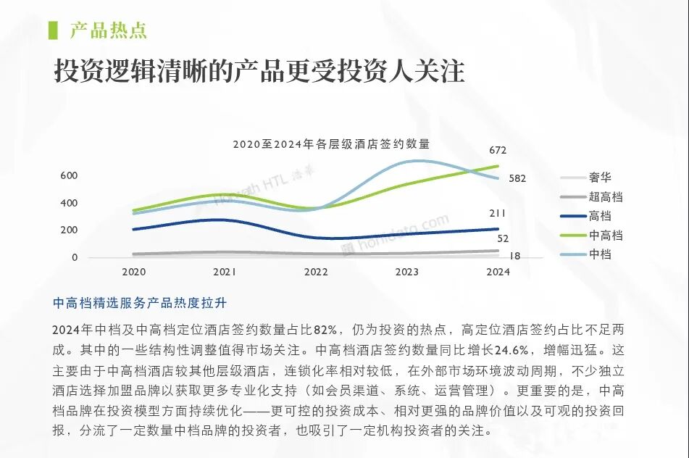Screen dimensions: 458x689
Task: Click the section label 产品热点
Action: click(x=109, y=30)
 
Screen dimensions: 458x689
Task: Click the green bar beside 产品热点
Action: click(x=52, y=30)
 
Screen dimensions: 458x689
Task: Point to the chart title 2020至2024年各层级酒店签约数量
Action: click(x=331, y=143)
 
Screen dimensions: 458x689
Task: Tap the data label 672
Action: click(x=498, y=151)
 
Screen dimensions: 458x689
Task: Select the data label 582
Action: click(x=517, y=178)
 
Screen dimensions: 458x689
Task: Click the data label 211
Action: click(x=498, y=213)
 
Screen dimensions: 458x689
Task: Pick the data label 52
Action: click(x=503, y=238)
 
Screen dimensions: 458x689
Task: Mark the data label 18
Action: click(x=514, y=256)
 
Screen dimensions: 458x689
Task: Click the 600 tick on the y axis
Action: click(x=69, y=175)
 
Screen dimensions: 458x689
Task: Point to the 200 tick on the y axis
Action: click(x=69, y=230)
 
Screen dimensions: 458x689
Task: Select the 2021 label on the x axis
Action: click(x=225, y=272)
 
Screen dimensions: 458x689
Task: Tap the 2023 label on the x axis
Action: click(x=406, y=272)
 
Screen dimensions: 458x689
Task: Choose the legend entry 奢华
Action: click(x=600, y=178)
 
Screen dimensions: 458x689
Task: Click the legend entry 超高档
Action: click(x=606, y=196)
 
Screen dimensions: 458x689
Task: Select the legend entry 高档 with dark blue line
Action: click(x=600, y=216)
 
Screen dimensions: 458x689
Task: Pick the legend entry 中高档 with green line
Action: click(x=606, y=236)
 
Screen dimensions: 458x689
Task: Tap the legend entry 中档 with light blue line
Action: click(x=600, y=254)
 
